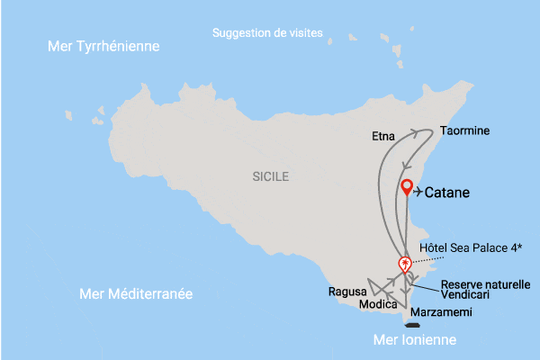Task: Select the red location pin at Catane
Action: (x=407, y=188)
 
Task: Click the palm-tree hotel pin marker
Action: (x=406, y=264)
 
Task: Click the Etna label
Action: (x=382, y=137)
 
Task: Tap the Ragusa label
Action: (x=348, y=292)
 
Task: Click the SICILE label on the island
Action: (x=271, y=177)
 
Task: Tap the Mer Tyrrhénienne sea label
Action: (x=103, y=46)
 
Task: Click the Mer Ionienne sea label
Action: (x=415, y=340)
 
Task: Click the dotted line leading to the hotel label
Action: (x=423, y=256)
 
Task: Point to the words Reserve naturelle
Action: (x=485, y=284)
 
